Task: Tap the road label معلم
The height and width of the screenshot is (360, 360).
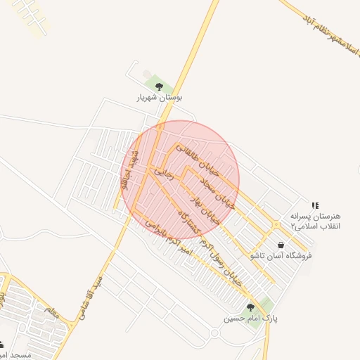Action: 51,311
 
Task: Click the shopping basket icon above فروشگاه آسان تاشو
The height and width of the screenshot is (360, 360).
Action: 281,245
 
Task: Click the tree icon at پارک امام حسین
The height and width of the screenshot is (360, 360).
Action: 250,307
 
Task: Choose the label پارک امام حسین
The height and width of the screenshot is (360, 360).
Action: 251,319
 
